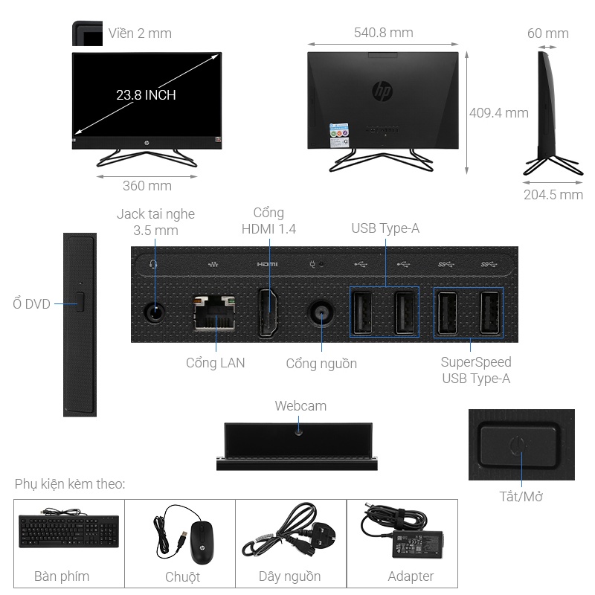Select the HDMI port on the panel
pos(268,312)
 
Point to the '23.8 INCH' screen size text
pos(146,95)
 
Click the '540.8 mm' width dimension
pos(383,33)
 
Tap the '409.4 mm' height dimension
pos(499,113)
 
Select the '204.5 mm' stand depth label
pos(553,195)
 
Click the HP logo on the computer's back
pos(382,92)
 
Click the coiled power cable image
pos(289,530)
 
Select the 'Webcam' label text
pos(300,406)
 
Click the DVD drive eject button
pos(80,303)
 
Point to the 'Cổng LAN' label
pos(215,363)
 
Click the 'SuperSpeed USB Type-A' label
pos(476,370)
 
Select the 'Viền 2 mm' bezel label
pos(140,33)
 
